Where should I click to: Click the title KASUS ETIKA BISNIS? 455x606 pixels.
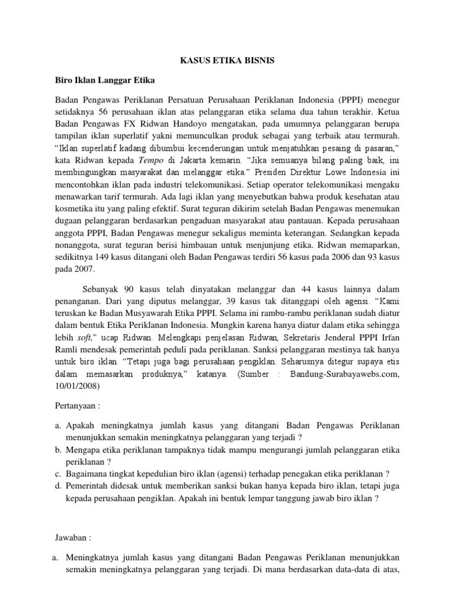coord(227,60)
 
